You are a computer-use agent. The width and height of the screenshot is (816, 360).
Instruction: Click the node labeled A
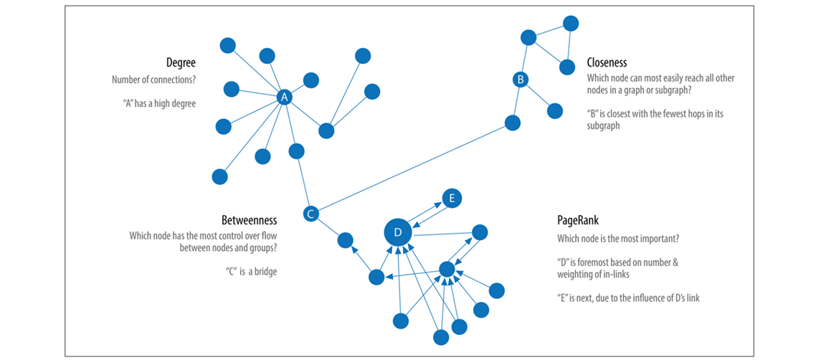pos(284,98)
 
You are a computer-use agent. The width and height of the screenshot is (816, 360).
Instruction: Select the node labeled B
pos(521,80)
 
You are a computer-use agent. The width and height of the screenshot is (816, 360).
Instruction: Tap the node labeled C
pos(310,214)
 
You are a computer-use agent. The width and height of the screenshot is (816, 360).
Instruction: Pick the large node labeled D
pos(398,232)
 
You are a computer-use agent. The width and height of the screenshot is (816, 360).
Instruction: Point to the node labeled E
pos(451,199)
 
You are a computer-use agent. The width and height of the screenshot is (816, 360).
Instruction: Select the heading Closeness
pos(607,63)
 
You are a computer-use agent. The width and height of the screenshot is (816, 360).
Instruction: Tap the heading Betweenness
pos(247,219)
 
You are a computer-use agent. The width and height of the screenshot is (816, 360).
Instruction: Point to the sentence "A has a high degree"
pos(158,103)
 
